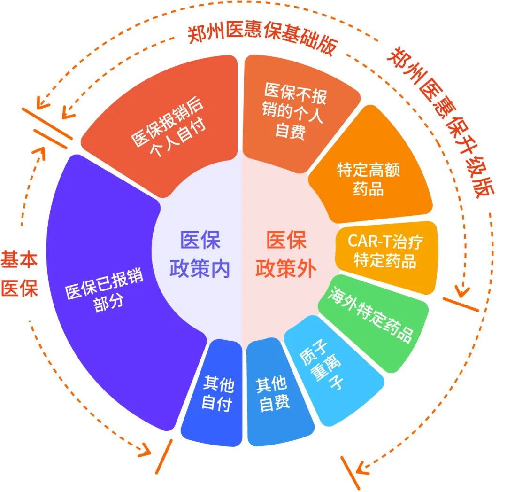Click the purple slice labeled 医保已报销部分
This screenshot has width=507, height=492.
click(x=103, y=291)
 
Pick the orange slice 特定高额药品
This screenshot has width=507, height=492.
click(x=369, y=179)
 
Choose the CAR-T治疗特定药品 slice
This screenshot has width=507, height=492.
click(x=385, y=251)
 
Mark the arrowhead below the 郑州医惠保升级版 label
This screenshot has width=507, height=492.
click(x=462, y=291)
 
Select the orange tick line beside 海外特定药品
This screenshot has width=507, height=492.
click(x=461, y=305)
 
